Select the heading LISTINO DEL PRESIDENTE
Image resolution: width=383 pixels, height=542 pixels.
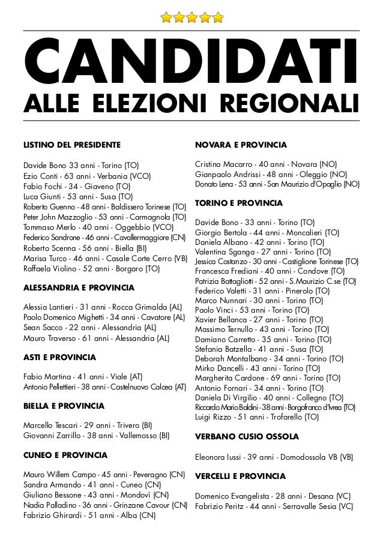pos(71,145)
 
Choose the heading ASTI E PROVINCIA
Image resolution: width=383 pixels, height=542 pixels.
pos(59,357)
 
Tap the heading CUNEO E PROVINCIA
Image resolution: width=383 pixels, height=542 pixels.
pos(65,455)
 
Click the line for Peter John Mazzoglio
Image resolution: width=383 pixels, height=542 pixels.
pos(104,217)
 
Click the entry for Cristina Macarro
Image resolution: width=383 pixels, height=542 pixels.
pos(267,164)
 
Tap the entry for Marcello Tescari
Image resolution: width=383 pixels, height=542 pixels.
pos(87,426)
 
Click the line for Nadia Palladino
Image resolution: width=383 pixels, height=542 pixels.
pos(105,505)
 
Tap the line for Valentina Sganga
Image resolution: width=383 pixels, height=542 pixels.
pos(263,252)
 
